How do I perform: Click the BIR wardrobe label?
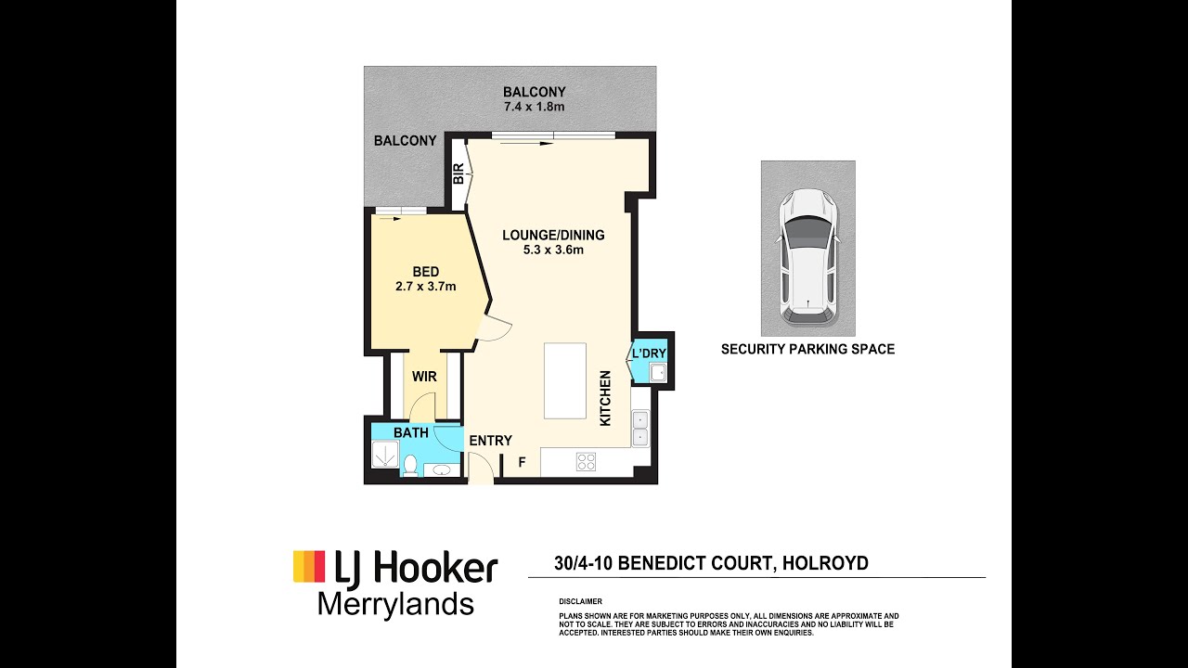coord(459,173)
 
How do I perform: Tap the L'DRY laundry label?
coord(649,353)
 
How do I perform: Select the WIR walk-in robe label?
coord(424,377)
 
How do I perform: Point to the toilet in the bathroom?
coord(409,466)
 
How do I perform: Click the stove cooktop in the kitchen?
coord(586,462)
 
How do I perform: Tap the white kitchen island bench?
coord(565,381)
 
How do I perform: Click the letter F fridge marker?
coord(522,462)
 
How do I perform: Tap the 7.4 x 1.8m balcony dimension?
coord(534,107)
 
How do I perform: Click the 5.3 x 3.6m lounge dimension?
coord(553,250)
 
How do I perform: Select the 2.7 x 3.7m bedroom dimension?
coord(426,287)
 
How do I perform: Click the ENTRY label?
coord(491,441)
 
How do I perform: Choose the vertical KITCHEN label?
coord(605,398)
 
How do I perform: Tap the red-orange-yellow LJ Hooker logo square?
coord(309,566)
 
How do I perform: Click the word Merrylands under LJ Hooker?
coord(395,605)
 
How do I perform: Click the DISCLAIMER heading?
coord(580,602)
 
